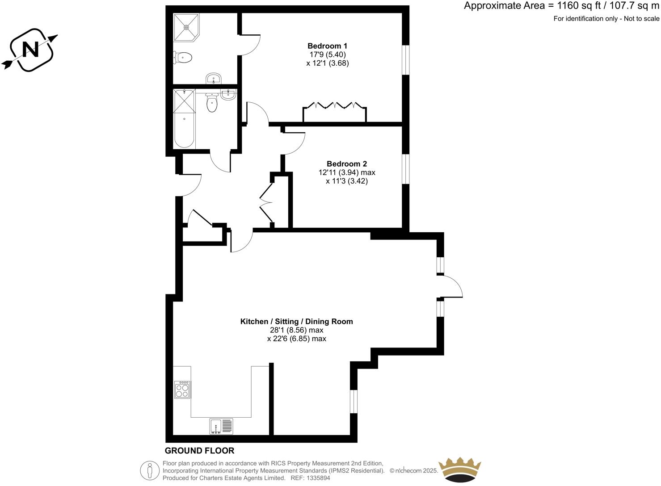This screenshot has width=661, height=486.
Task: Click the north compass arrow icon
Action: point(30,50)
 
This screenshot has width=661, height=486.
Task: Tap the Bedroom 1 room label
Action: point(327,46)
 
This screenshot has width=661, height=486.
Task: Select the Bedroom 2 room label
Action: point(346,164)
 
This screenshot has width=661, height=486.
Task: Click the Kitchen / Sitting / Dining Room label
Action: point(296,321)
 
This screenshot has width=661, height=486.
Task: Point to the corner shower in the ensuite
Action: point(186,27)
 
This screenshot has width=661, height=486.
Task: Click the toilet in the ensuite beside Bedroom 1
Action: point(183,58)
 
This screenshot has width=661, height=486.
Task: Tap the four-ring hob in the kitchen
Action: point(182,390)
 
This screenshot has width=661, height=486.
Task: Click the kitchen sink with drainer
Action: point(221,426)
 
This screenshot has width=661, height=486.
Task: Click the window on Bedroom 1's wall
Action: point(405,59)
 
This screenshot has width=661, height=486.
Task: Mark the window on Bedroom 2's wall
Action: point(405,168)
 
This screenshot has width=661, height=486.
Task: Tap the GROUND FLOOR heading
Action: point(199,451)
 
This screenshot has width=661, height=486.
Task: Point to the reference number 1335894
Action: point(316,478)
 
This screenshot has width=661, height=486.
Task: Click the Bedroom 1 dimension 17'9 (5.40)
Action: point(327,54)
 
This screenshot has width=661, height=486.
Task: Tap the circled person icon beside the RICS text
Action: point(150,470)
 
